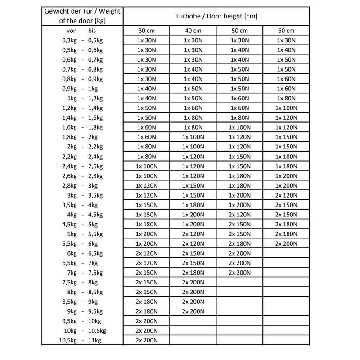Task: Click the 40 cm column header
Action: (x=193, y=31)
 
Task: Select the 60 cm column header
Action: (x=286, y=31)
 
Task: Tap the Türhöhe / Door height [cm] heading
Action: (x=216, y=16)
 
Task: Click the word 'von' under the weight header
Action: (x=72, y=31)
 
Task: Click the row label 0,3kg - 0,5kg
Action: (x=82, y=40)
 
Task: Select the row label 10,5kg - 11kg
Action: (x=82, y=341)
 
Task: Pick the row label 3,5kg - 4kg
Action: (x=82, y=205)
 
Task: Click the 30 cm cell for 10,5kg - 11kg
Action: (x=146, y=341)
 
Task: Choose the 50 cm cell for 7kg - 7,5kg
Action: (x=239, y=272)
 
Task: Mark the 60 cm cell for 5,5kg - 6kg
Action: (x=286, y=243)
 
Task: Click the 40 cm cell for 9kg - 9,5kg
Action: (x=193, y=311)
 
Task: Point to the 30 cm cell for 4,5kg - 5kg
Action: (x=146, y=224)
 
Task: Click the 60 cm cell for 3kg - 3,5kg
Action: (x=286, y=195)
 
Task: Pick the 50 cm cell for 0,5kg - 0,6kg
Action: (x=239, y=49)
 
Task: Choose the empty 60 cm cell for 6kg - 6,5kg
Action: (x=286, y=253)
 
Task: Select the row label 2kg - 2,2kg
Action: (x=82, y=146)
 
